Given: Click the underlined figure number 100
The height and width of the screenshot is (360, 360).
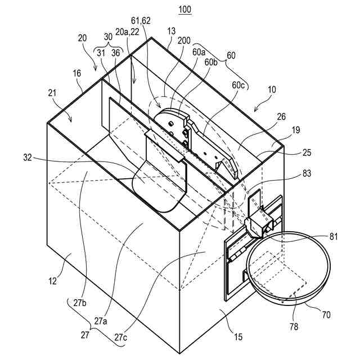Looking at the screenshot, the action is point(185,10).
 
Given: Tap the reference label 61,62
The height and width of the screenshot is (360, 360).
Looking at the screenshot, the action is point(141,21).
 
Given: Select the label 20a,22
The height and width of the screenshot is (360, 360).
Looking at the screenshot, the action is point(128,32).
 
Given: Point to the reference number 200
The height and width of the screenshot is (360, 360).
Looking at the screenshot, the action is point(184,40).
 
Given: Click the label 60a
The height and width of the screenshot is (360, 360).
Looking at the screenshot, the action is point(199,52).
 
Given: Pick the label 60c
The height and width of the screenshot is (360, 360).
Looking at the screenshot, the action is point(238,85).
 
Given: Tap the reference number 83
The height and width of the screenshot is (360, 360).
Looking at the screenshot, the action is point(307,173).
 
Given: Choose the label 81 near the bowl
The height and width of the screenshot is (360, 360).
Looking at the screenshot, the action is point(333,236).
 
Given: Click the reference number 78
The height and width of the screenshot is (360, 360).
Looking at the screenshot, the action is point(294,326).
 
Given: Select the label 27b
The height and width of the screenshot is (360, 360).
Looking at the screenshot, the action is point(80,303).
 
